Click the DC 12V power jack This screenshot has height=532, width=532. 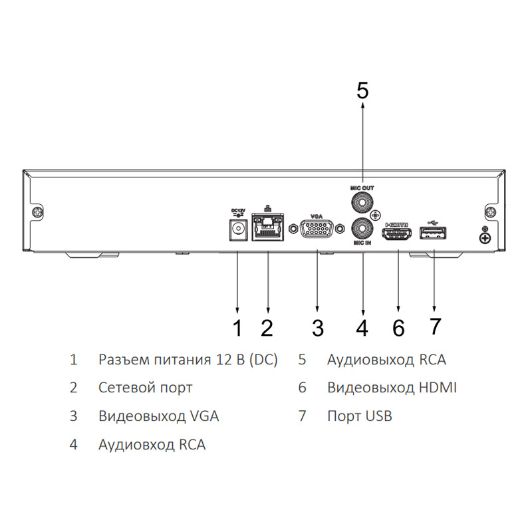[237, 230]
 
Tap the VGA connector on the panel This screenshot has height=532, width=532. [317, 229]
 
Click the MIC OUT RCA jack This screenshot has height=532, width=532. [362, 203]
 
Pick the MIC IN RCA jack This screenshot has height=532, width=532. [362, 228]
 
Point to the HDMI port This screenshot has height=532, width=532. [397, 234]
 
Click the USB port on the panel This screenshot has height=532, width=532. [433, 233]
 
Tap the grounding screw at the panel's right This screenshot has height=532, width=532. [485, 238]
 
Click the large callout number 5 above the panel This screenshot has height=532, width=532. [362, 90]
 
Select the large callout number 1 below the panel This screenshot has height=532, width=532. [237, 328]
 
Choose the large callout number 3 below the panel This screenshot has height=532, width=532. [318, 328]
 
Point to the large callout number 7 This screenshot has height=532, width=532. [435, 327]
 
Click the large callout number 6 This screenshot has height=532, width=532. [398, 328]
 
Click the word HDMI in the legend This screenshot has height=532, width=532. [438, 388]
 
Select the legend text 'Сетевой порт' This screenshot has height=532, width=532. [145, 388]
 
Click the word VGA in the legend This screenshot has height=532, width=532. [204, 416]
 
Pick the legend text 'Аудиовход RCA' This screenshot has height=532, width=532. [152, 445]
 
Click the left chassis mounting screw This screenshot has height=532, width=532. [37, 212]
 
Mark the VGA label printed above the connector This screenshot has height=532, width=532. [317, 216]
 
